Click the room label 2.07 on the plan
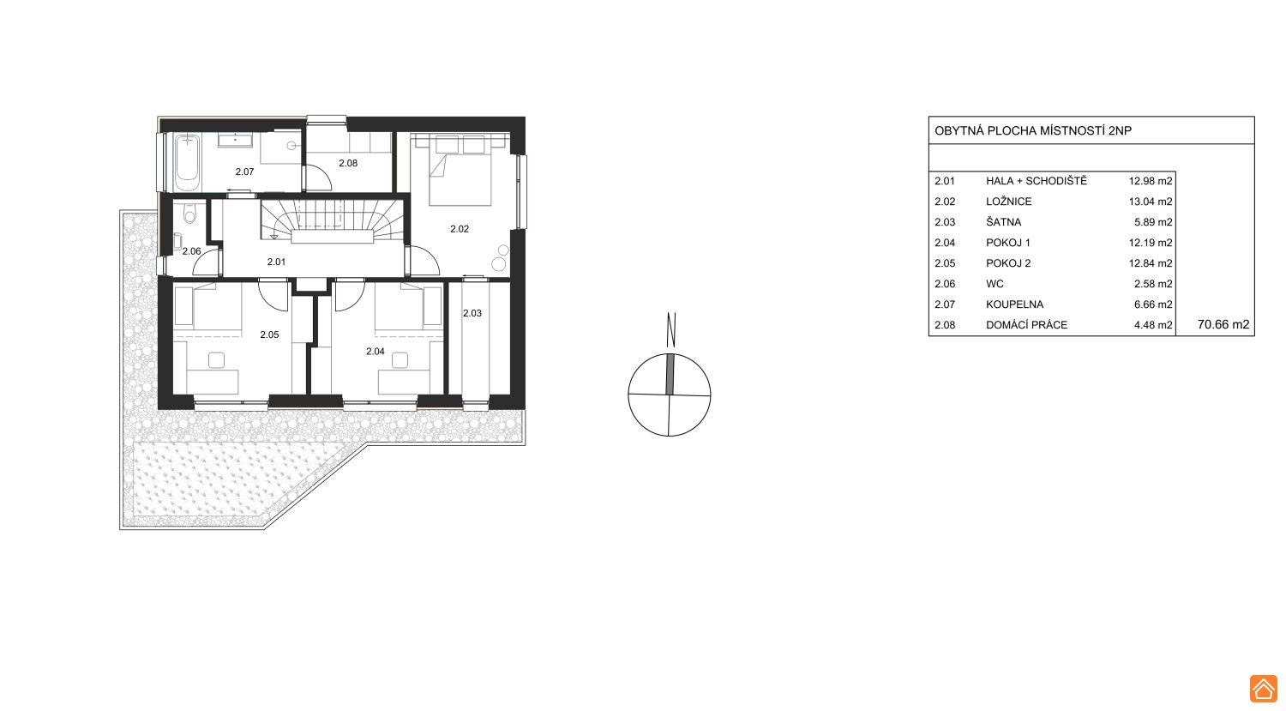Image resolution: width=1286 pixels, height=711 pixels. pyautogui.click(x=244, y=172)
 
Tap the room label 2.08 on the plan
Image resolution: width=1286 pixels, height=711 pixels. pyautogui.click(x=348, y=163)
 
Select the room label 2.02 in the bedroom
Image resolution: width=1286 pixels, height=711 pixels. pyautogui.click(x=460, y=229)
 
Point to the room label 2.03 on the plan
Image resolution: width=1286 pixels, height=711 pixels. pyautogui.click(x=472, y=313)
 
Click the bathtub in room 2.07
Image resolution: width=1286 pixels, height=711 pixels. pyautogui.click(x=187, y=163)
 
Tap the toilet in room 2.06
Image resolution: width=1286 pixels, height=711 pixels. pyautogui.click(x=189, y=214)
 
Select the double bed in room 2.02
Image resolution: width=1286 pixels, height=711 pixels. pyautogui.click(x=460, y=171)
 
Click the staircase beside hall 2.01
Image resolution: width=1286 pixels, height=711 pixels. pyautogui.click(x=332, y=221)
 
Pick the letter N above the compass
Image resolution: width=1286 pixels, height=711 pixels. pyautogui.click(x=671, y=329)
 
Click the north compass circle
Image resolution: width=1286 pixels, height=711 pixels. pyautogui.click(x=670, y=395)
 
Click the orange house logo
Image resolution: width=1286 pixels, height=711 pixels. pyautogui.click(x=1263, y=689)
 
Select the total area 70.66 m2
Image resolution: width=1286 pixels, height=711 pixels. pyautogui.click(x=1223, y=324)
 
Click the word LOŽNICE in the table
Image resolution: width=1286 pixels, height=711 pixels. pyautogui.click(x=1009, y=202)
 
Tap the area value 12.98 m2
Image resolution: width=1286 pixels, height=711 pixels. pyautogui.click(x=1150, y=181)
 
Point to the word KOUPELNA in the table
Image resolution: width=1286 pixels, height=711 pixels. pyautogui.click(x=1014, y=304)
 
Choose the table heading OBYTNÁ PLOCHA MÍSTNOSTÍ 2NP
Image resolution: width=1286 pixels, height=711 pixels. pyautogui.click(x=1033, y=131)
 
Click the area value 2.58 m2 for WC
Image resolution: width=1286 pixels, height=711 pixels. pyautogui.click(x=1153, y=284)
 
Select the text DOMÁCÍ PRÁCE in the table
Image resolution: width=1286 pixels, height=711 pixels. pyautogui.click(x=1026, y=325)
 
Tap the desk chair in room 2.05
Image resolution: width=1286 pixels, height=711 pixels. pyautogui.click(x=216, y=360)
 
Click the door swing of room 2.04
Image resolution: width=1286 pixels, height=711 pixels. pyautogui.click(x=348, y=295)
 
